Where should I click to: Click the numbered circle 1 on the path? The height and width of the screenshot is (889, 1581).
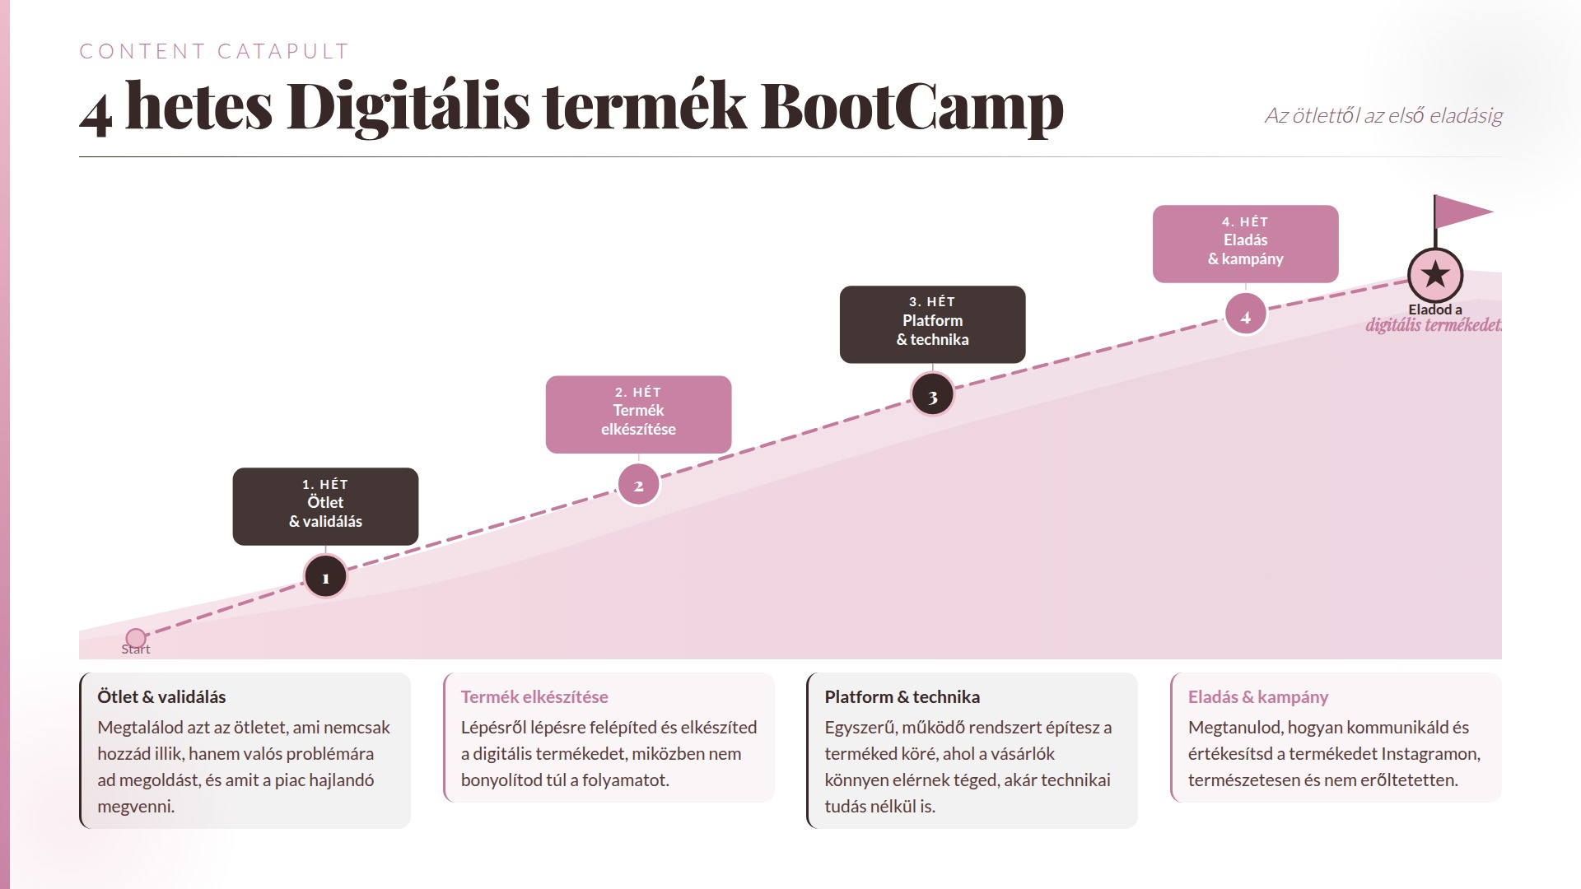tap(325, 577)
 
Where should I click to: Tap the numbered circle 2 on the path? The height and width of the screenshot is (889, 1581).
tap(638, 486)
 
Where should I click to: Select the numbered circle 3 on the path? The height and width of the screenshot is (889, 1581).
tap(932, 396)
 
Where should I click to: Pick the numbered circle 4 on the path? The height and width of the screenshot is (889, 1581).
tap(1245, 316)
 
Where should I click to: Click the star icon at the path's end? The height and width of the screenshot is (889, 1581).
tap(1435, 275)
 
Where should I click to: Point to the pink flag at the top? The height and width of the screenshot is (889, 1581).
tap(1461, 212)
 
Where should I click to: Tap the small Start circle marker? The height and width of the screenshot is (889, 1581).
tap(136, 638)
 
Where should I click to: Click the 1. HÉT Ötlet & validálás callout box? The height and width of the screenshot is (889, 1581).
tap(325, 506)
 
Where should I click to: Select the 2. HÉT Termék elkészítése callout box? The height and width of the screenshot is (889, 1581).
tap(638, 414)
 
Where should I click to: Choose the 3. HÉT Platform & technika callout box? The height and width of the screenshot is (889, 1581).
tap(932, 324)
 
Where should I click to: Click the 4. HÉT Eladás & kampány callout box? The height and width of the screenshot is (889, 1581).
tap(1245, 244)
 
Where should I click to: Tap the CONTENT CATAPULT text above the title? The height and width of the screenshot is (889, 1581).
tap(214, 51)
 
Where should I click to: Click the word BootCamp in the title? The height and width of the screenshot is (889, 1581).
tap(912, 107)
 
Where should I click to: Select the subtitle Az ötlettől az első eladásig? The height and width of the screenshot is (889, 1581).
tap(1383, 115)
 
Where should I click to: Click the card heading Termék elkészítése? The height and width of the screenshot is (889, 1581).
tap(534, 697)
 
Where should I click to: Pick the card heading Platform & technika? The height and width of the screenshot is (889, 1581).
tap(902, 697)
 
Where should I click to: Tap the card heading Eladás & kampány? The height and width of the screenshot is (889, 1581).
tap(1258, 697)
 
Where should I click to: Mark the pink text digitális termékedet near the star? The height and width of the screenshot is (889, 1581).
tap(1433, 325)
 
